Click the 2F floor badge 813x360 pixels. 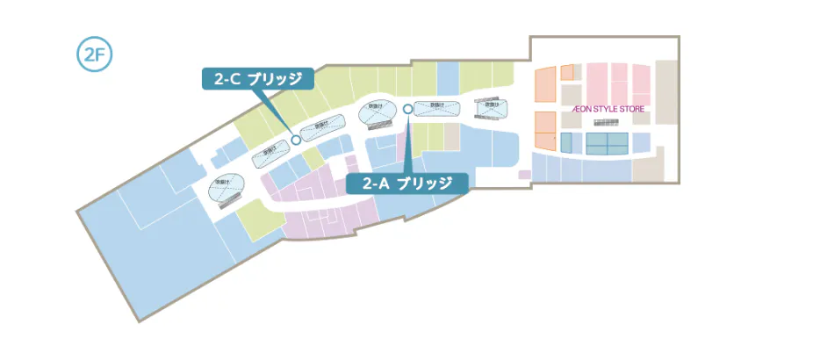(93, 54)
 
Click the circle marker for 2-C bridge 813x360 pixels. (296, 139)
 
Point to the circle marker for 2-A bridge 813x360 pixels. (408, 110)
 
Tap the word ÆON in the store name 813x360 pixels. (583, 110)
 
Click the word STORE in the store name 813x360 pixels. (633, 110)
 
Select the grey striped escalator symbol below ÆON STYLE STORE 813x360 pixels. (606, 124)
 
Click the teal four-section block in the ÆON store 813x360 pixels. (607, 141)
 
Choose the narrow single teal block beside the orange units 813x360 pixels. (566, 141)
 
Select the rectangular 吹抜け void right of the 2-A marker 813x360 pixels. (436, 108)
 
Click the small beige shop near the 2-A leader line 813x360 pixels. (451, 136)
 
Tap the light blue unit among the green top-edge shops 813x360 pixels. (447, 77)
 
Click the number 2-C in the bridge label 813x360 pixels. (227, 79)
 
